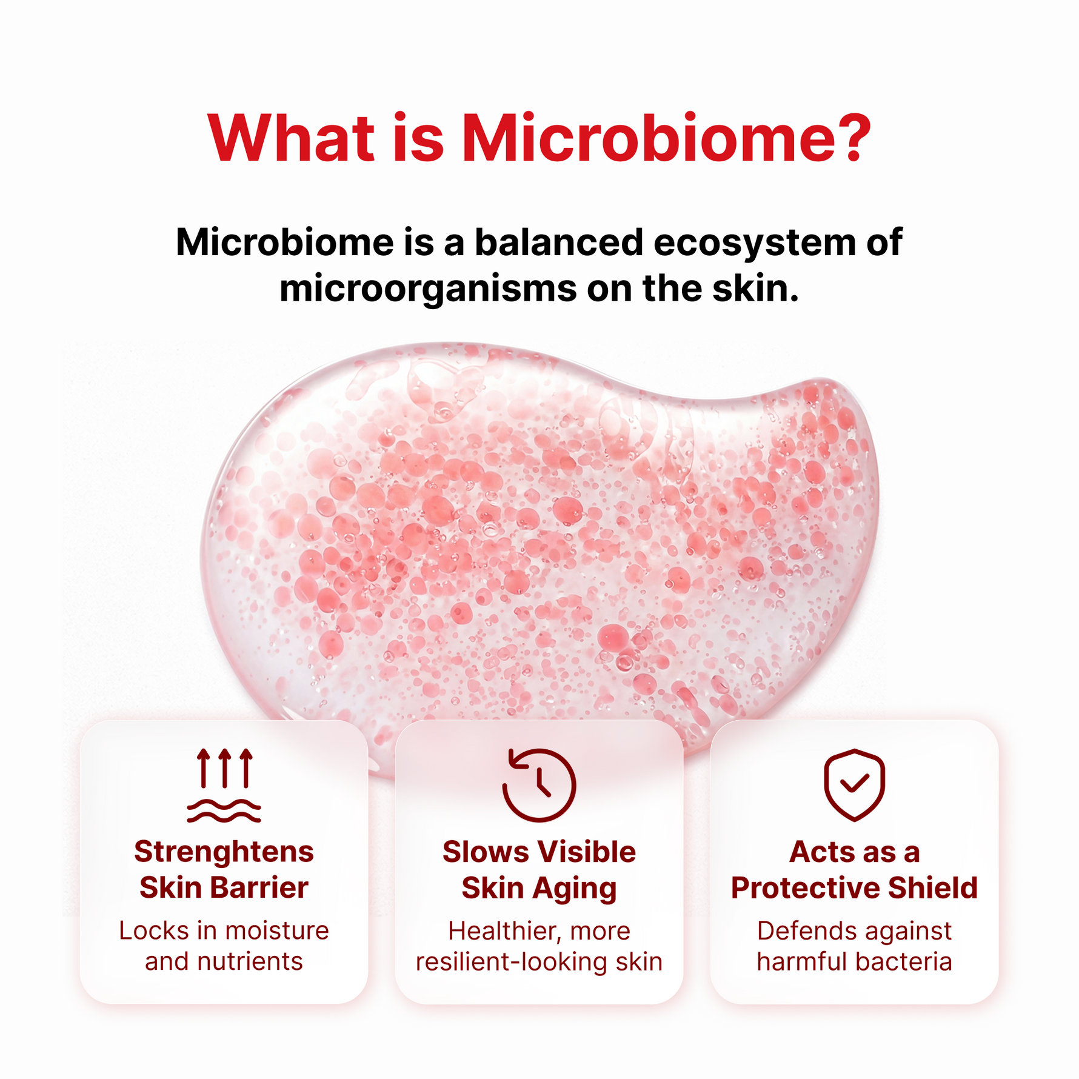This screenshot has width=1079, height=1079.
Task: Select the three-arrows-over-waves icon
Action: (x=224, y=785)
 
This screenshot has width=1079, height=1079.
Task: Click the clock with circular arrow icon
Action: (x=539, y=785)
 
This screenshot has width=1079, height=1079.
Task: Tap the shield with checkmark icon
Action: (x=854, y=785)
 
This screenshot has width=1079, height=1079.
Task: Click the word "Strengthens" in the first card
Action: (x=224, y=852)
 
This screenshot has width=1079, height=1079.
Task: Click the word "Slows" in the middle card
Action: (x=486, y=852)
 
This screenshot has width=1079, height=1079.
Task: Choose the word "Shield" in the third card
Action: (x=933, y=888)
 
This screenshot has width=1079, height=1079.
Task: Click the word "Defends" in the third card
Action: (x=800, y=931)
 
